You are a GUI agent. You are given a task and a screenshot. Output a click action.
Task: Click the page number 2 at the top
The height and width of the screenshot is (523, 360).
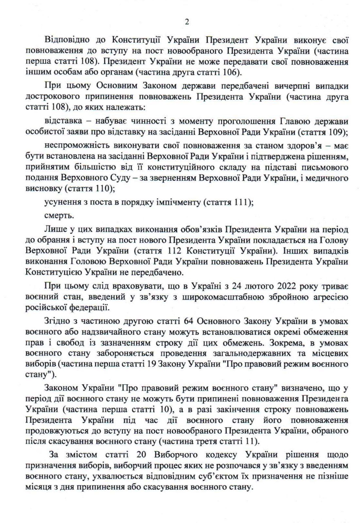(x=187, y=22)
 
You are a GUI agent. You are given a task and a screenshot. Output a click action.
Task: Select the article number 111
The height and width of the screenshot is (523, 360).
(x=242, y=202)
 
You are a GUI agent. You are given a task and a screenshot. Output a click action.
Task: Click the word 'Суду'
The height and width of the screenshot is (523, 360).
(x=129, y=178)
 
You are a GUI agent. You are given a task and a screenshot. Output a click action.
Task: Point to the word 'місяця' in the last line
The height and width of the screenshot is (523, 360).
(x=37, y=487)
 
